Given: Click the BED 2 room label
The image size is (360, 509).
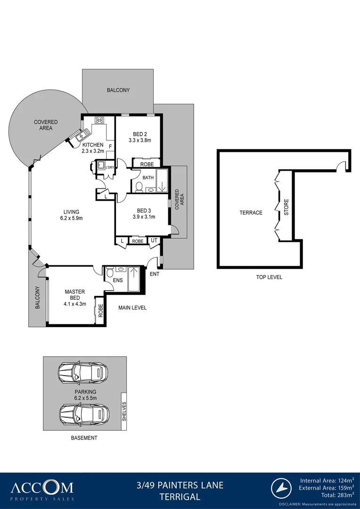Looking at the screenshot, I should pyautogui.click(x=139, y=134).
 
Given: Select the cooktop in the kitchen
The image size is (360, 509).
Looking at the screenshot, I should pyautogui.click(x=100, y=120).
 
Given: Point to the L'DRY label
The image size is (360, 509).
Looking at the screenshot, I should pyautogui.click(x=110, y=168).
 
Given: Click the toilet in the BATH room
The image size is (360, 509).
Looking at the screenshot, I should pyautogui.click(x=139, y=187).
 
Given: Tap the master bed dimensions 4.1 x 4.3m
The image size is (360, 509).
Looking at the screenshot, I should pyautogui.click(x=75, y=298).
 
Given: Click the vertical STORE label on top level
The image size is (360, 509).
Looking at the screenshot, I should pyautogui.click(x=286, y=208).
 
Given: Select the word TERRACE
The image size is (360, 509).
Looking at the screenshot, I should pyautogui.click(x=251, y=213).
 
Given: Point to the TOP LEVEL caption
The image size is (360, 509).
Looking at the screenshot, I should pyautogui.click(x=269, y=277).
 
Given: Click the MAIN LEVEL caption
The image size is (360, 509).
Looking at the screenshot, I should pyautogui.click(x=132, y=308).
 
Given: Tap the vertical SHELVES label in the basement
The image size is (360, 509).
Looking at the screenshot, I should pyautogui.click(x=124, y=411).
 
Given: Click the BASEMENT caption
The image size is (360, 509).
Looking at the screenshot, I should pyautogui.click(x=84, y=438).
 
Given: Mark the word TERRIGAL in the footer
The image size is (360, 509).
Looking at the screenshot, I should pyautogui.click(x=180, y=496).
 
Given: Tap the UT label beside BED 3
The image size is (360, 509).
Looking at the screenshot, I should pyautogui.click(x=154, y=241).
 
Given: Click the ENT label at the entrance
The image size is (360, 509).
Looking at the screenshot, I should pyautogui.click(x=155, y=274).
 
